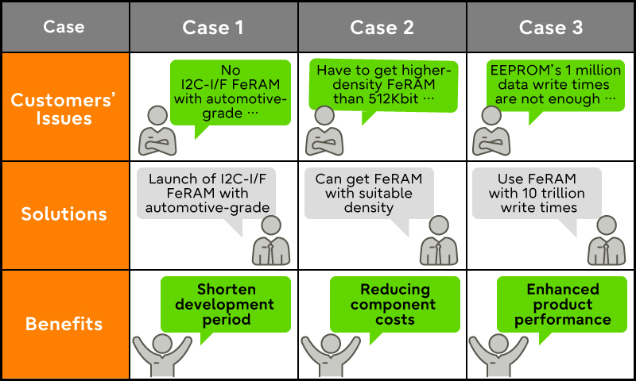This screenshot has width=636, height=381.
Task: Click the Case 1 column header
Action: [213, 27]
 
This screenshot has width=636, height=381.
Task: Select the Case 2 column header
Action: [382, 27]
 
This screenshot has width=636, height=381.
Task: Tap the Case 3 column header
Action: [551, 27]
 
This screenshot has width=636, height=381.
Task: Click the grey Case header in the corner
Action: [64, 27]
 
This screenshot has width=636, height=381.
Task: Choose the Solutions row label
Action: [64, 214]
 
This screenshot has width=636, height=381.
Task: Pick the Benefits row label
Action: [64, 324]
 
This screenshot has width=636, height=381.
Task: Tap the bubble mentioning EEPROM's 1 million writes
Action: [552, 84]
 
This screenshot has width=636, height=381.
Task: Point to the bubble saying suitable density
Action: [369, 193]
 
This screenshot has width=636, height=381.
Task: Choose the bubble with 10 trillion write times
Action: [540, 193]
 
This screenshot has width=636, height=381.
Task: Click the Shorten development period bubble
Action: [224, 304]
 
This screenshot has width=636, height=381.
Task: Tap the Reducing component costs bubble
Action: [394, 304]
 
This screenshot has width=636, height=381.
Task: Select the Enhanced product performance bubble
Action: [563, 304]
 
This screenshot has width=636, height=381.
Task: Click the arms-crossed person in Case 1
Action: [157, 132]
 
